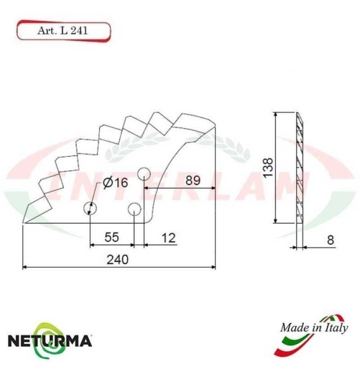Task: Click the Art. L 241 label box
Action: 63,31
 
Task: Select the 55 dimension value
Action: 113,237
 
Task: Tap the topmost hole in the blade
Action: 143,173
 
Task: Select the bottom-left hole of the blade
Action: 90,209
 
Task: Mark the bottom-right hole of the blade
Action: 134,209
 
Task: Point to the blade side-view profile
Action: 300,169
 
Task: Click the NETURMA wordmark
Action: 50,339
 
